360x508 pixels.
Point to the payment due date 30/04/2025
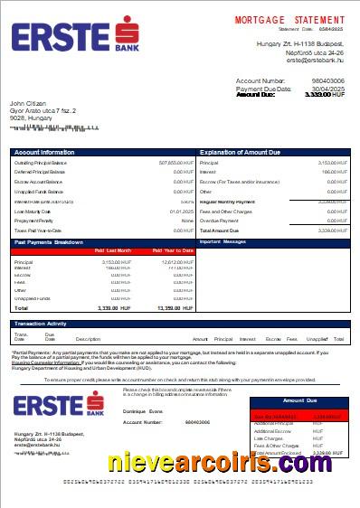click(327, 89)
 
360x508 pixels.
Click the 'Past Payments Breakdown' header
click(49, 242)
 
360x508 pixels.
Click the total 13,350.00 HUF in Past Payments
click(175, 308)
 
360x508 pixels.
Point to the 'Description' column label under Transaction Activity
click(88, 338)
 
